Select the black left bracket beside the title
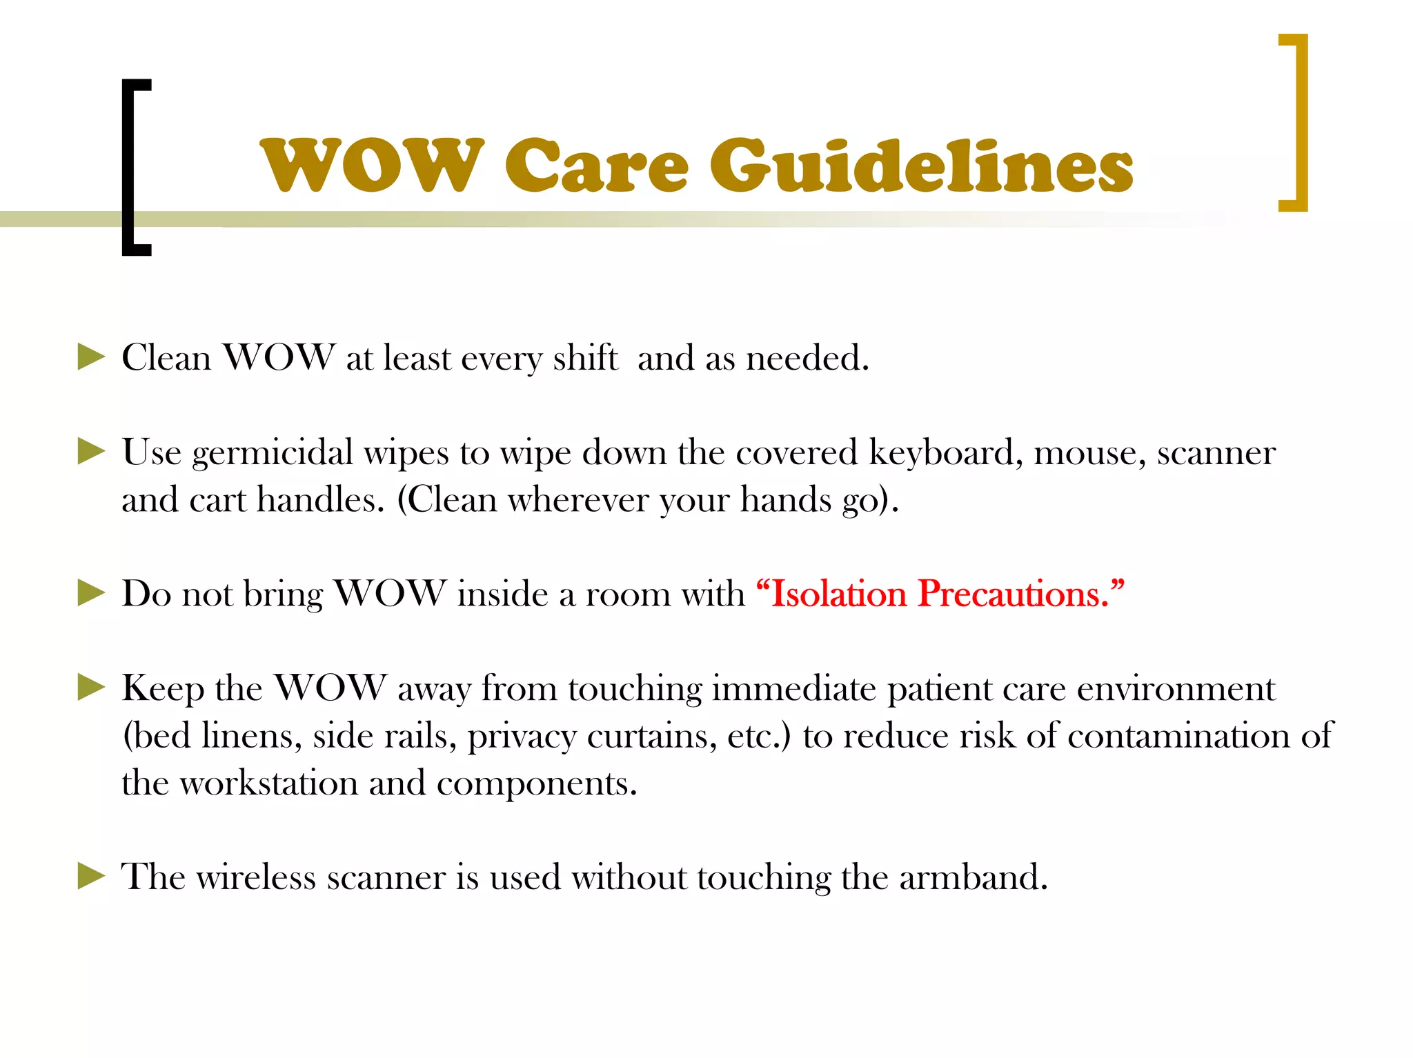(131, 168)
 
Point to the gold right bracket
(1298, 122)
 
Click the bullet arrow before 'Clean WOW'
(91, 357)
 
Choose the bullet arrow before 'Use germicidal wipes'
(91, 452)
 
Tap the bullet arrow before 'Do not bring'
(91, 593)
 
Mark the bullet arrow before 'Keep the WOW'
(91, 688)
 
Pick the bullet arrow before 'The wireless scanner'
(91, 877)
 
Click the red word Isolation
(838, 594)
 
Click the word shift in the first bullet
(584, 358)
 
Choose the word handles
(320, 500)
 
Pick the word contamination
(1178, 736)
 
